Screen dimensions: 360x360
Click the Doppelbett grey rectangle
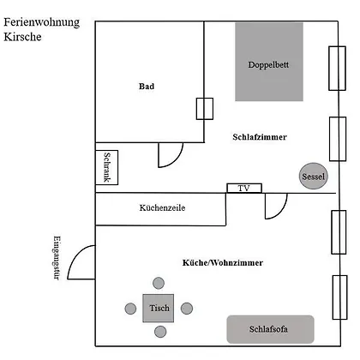coord(269,62)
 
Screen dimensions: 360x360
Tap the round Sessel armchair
coord(314,176)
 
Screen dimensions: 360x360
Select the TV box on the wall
coord(244,188)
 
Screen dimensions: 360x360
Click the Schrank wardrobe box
coord(106,167)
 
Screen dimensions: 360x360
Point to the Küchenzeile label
coord(162,207)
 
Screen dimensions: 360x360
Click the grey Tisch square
coord(159,308)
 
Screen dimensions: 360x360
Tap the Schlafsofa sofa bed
coord(270,329)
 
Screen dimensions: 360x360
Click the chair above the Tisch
coord(159,283)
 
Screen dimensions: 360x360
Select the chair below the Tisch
coord(160,332)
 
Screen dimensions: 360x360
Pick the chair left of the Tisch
coord(130,309)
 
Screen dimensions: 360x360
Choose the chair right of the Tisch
coord(187,309)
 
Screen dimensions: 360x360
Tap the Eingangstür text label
coord(57,258)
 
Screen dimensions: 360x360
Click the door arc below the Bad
coord(177,160)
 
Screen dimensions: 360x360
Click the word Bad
coord(147,87)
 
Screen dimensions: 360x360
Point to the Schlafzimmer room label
coord(260,137)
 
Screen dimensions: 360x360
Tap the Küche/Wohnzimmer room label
coord(223,262)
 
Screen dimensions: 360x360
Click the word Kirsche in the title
coord(22,37)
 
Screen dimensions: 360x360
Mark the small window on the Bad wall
coord(205,109)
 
